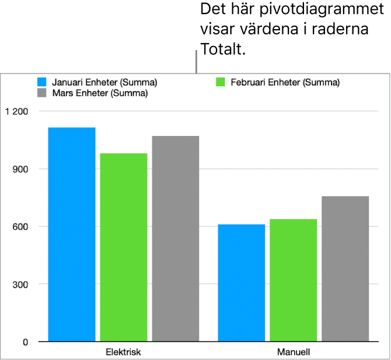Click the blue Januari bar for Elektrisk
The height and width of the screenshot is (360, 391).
point(72,234)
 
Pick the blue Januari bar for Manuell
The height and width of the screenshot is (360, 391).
point(242,282)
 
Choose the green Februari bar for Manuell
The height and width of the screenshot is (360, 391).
point(294,280)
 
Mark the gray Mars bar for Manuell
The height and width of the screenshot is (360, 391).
point(345,268)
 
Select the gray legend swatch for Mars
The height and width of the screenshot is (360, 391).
point(41,93)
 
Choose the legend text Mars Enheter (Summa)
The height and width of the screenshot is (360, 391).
point(100,93)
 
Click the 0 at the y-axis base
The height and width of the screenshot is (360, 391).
point(25,342)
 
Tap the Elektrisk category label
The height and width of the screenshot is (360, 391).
point(124,352)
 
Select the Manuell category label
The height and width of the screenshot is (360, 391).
point(294,352)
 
